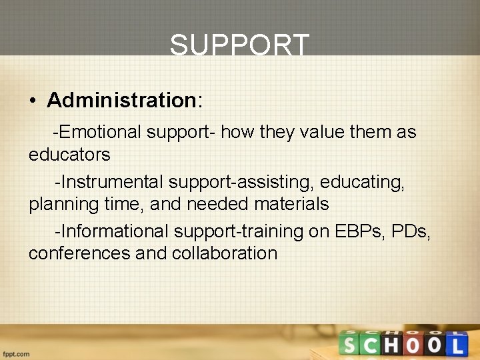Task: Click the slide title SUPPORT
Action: pyautogui.click(x=240, y=45)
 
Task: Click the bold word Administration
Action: pyautogui.click(x=120, y=100)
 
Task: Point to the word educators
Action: pyautogui.click(x=69, y=155)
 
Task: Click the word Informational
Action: pyautogui.click(x=115, y=231)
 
